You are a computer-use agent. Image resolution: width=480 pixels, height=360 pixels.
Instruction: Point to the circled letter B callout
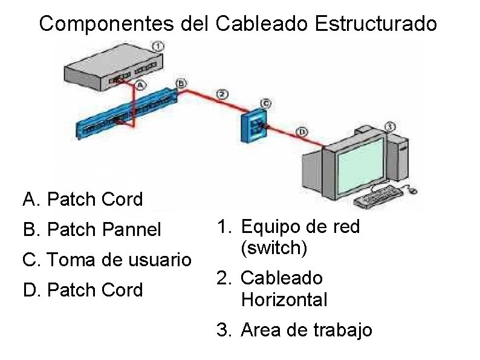[x=181, y=82]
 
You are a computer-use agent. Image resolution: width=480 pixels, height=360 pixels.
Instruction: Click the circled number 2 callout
[x=222, y=94]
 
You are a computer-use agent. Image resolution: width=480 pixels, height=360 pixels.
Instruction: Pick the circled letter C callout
[x=265, y=103]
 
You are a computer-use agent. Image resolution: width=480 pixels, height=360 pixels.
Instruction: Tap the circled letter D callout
[x=302, y=131]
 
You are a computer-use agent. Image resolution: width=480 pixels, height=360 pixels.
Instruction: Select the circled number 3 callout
[x=390, y=126]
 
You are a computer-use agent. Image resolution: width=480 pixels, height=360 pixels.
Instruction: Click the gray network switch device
[x=109, y=67]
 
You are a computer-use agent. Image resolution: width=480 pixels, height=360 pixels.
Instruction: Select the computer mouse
[x=413, y=190]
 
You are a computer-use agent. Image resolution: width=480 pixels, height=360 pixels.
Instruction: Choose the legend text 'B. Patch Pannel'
[x=92, y=229]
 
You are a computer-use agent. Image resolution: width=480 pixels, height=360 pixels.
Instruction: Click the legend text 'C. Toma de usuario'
[x=106, y=260]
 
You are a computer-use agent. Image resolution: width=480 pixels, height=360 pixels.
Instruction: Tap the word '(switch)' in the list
[x=270, y=248]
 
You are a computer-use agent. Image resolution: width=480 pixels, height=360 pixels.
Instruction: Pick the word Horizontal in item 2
[x=284, y=299]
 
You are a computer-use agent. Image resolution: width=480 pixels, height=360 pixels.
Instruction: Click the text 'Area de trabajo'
[x=306, y=330]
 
